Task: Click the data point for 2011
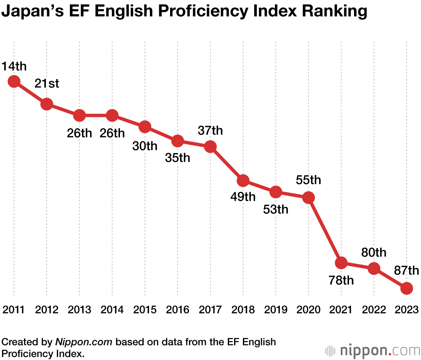pyautogui.click(x=14, y=81)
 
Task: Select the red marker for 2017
pyautogui.click(x=210, y=147)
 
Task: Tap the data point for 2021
pyautogui.click(x=341, y=263)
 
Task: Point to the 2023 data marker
pyautogui.click(x=406, y=288)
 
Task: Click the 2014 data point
pyautogui.click(x=112, y=115)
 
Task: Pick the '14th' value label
pyautogui.click(x=14, y=66)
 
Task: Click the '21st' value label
pyautogui.click(x=47, y=83)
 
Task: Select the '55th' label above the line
pyautogui.click(x=308, y=180)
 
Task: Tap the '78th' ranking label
pyautogui.click(x=341, y=281)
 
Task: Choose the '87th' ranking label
pyautogui.click(x=406, y=270)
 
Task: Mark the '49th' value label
pyautogui.click(x=243, y=197)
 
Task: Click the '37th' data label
pyautogui.click(x=210, y=130)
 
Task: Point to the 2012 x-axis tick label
pyautogui.click(x=47, y=310)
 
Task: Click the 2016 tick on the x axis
pyautogui.click(x=177, y=310)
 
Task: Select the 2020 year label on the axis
pyautogui.click(x=308, y=310)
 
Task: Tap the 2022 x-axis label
pyautogui.click(x=374, y=310)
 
